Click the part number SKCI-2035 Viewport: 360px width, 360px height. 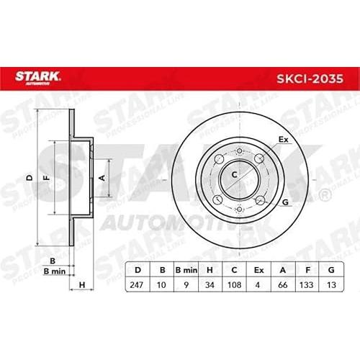[310, 78]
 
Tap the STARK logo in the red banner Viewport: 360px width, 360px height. [37, 78]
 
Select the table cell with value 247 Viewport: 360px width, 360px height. [137, 285]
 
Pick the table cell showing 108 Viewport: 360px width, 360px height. [234, 285]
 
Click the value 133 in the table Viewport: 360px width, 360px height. [307, 285]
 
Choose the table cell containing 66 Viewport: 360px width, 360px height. [283, 285]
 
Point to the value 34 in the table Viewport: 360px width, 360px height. [210, 285]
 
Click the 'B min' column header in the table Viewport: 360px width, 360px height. [186, 270]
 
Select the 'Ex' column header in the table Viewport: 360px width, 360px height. [258, 270]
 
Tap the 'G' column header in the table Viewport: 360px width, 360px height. [331, 270]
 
